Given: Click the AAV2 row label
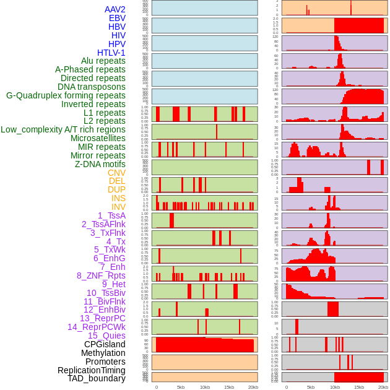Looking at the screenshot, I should pos(115,9).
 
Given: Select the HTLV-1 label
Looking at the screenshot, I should pos(111,53).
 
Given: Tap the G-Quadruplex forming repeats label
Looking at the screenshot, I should pos(66,95).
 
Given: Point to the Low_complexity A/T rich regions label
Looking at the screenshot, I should pos(63,129).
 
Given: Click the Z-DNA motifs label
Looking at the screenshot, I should pos(100,164).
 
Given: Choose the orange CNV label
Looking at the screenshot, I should pos(116,173).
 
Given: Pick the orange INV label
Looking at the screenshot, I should pos(118,207).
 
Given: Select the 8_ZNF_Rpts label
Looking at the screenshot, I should pos(101,275).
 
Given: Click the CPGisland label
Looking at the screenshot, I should pos(105,344).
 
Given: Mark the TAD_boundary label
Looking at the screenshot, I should pos(97,378).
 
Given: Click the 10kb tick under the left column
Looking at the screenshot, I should pos(205,387).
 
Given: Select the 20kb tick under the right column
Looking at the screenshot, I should pos(383,387).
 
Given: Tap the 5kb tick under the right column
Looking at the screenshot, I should pos(310,387).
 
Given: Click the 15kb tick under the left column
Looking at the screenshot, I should pos(229,387).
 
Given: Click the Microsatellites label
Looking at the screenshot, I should pos(98,138).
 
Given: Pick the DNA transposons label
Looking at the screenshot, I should pos(92,87).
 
